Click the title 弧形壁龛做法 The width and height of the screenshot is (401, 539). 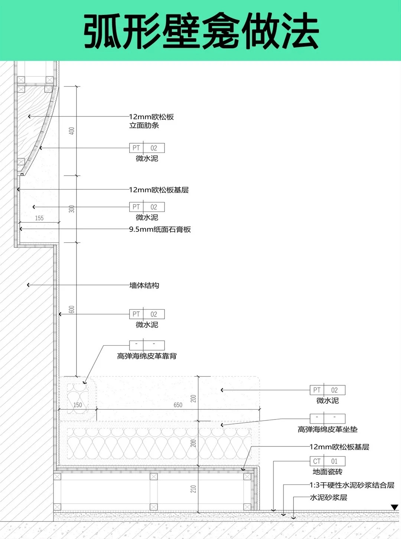click(x=201, y=31)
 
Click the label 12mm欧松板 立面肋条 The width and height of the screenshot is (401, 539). click(x=151, y=121)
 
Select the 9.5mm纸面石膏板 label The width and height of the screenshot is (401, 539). click(x=160, y=229)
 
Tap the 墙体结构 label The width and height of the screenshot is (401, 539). click(x=144, y=285)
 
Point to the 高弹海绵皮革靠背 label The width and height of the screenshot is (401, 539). click(x=147, y=356)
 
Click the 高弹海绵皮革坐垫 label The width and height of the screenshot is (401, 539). click(x=327, y=429)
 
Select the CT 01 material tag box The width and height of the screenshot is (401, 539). click(x=327, y=461)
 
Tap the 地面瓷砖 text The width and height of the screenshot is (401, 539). click(x=327, y=472)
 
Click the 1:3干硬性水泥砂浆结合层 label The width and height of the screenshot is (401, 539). click(x=352, y=485)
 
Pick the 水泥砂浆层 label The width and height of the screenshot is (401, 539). click(x=328, y=497)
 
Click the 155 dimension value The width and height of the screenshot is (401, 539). click(x=39, y=218)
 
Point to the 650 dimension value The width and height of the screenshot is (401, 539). click(x=178, y=405)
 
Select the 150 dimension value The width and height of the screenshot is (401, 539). click(x=78, y=405)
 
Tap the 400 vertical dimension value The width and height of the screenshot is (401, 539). click(x=72, y=131)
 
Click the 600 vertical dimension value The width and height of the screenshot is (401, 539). click(x=72, y=310)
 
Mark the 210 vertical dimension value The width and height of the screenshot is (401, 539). click(x=193, y=489)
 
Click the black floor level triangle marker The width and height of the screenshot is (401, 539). click(x=394, y=507)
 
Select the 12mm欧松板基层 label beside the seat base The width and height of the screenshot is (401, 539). click(x=339, y=447)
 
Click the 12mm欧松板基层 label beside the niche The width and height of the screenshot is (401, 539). click(x=159, y=190)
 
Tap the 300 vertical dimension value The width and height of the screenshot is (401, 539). click(x=72, y=209)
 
